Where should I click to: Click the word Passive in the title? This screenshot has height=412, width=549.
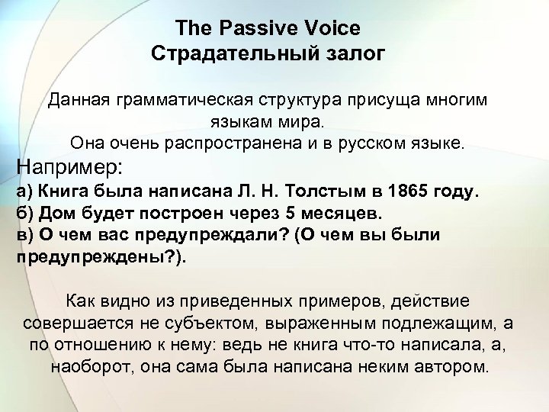[257, 28]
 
